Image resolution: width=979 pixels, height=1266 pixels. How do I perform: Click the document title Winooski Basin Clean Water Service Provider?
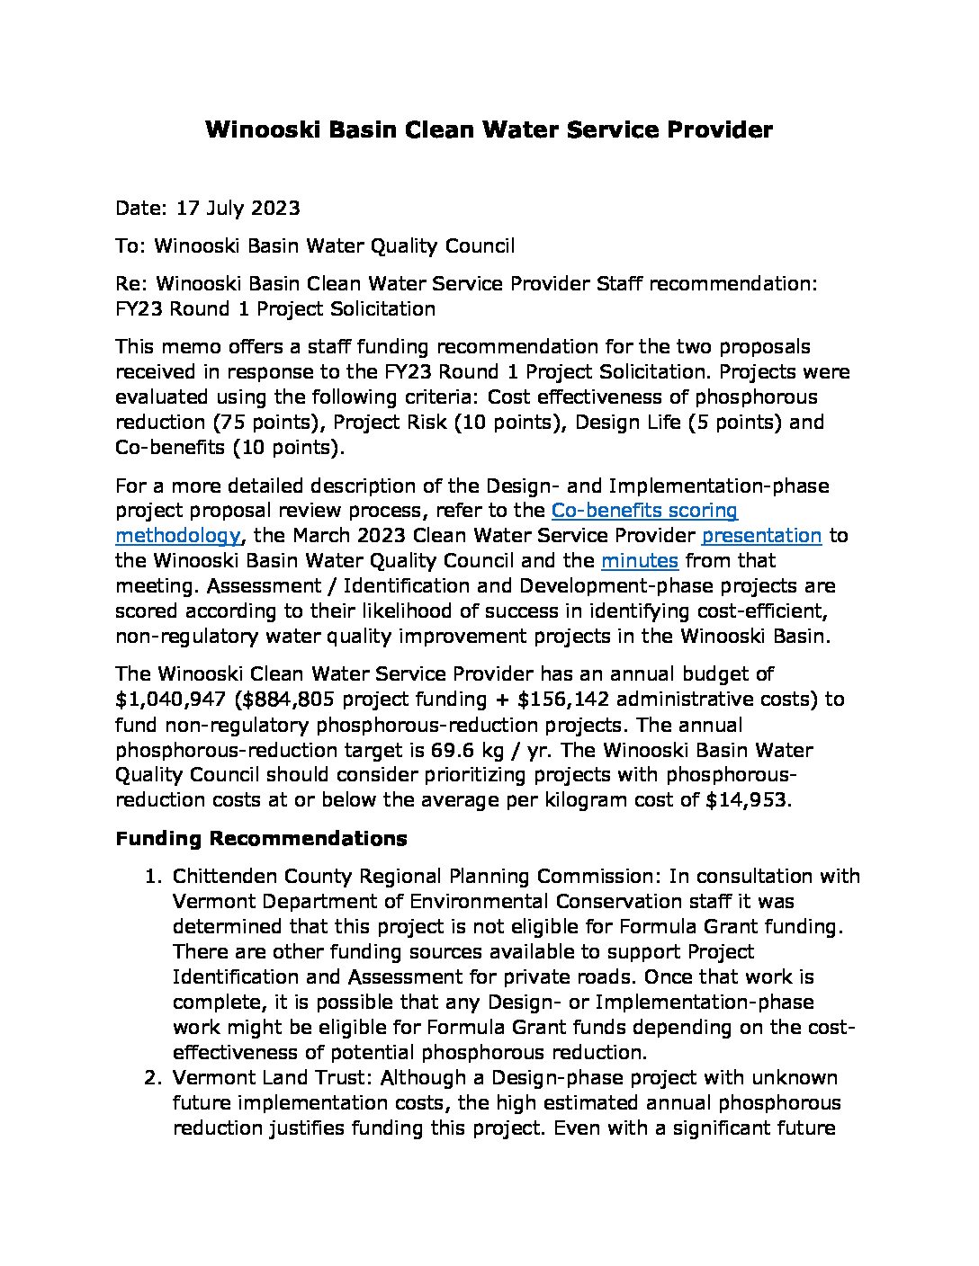coord(489,130)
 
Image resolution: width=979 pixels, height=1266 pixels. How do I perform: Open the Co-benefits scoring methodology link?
coord(643,511)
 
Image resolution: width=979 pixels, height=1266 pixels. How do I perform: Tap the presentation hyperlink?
coord(761,536)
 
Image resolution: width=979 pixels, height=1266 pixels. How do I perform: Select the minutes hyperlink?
coord(639,561)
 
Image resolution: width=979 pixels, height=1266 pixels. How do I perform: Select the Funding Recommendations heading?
coord(261,839)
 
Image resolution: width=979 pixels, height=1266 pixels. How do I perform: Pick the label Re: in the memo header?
coord(132,284)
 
